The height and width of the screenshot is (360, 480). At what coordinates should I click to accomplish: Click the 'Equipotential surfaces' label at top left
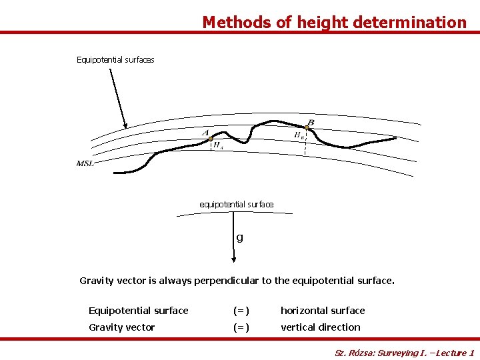click(115, 60)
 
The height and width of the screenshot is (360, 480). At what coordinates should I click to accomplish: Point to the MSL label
click(85, 163)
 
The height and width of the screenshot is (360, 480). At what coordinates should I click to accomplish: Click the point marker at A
click(211, 139)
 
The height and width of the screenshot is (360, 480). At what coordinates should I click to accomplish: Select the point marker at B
click(307, 127)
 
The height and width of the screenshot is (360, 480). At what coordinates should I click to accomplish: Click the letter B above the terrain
click(311, 121)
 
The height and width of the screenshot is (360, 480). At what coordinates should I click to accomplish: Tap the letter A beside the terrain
click(206, 133)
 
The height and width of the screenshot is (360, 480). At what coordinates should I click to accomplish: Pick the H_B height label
click(299, 135)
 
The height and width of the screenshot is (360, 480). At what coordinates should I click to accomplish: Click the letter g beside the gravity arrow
click(239, 237)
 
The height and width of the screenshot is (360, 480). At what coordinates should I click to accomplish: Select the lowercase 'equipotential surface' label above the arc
click(237, 204)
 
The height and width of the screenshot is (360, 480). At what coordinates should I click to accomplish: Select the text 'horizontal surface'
click(323, 311)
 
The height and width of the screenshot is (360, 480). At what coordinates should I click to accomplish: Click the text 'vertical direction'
click(320, 327)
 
